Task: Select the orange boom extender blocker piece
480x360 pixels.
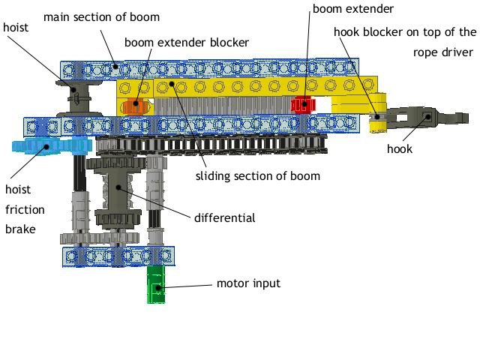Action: [x=133, y=106]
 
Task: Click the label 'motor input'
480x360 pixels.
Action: [x=248, y=283]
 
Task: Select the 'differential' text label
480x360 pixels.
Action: [x=224, y=218]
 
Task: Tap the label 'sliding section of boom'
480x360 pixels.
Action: [x=257, y=176]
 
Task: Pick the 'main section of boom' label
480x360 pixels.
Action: [x=101, y=16]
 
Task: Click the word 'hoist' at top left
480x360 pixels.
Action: [x=16, y=27]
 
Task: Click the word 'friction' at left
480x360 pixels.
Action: [x=24, y=209]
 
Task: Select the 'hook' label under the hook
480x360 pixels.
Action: [x=399, y=148]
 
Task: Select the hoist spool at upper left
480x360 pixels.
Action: [x=76, y=94]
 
